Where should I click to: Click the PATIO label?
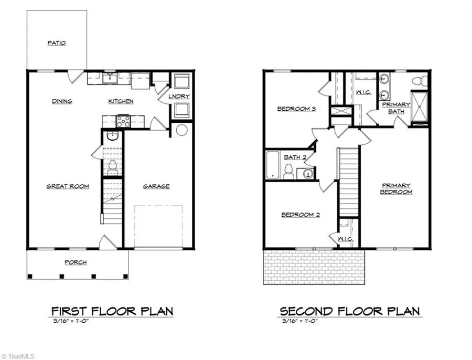coord(56,43)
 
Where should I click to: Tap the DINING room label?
coord(62,101)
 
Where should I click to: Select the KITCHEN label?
coord(121,101)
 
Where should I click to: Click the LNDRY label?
coord(179,97)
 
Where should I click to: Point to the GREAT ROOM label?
coord(68,186)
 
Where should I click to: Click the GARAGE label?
coord(156,186)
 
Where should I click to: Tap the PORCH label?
coord(76,262)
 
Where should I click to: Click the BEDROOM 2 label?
coord(301,215)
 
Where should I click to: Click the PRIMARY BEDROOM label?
coord(396,188)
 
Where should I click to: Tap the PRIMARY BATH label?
coord(396,108)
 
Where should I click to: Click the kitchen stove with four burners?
coord(123,121)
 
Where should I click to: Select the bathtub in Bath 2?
coord(273,165)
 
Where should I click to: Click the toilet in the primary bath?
coord(418,81)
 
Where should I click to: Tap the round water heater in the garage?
coord(182,130)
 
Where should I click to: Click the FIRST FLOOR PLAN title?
coord(112,311)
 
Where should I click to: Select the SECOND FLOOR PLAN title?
coord(349,311)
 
